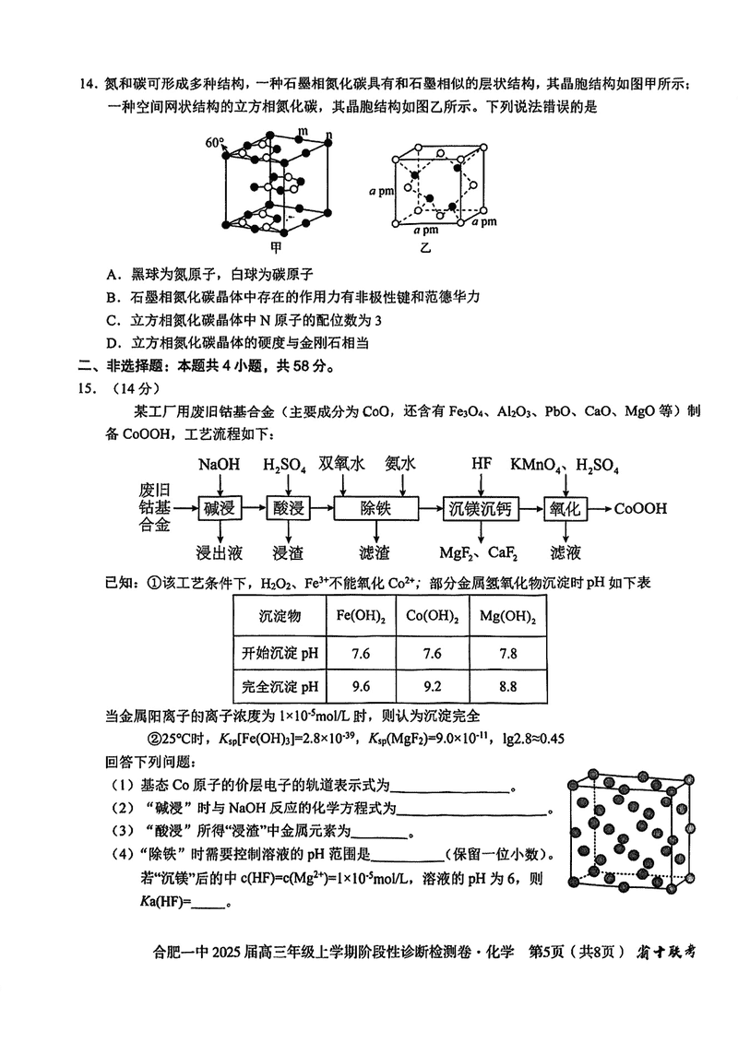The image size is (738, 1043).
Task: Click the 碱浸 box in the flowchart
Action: [220, 509]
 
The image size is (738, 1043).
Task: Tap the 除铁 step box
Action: [374, 509]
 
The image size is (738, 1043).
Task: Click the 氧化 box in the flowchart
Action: [565, 509]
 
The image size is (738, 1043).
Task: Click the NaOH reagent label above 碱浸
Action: [220, 465]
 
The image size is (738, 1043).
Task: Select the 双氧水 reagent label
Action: [341, 464]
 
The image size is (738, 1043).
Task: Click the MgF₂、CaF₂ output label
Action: [478, 553]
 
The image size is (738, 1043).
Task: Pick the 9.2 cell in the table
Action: [432, 685]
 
